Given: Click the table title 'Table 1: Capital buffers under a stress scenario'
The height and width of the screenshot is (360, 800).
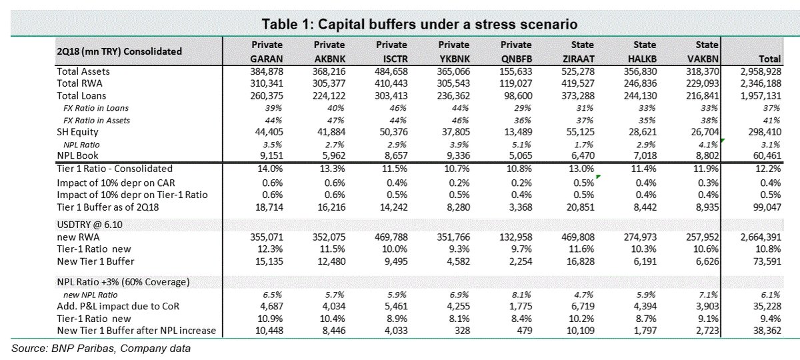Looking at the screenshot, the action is point(419,24).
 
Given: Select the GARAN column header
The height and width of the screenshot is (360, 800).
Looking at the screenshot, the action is point(267,59).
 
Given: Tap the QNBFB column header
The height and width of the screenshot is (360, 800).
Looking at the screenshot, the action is point(517,59).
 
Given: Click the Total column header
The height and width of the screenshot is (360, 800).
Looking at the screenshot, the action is point(769,59).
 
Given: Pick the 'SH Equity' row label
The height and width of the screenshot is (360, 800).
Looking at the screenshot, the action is point(77,132).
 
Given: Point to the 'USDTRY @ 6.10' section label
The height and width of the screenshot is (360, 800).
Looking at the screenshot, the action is point(89,225).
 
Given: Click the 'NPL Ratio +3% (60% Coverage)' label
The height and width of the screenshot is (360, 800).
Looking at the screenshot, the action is point(123,282).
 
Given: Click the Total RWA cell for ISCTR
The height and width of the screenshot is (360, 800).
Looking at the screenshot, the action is point(391,83).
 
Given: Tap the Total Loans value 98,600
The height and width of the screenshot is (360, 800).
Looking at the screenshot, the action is point(517,96).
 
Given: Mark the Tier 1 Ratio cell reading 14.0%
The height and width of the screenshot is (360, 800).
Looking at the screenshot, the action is point(271,169).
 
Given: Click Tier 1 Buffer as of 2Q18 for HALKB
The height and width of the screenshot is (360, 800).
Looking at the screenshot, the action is point(645,207).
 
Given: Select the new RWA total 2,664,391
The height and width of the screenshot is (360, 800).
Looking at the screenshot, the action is point(761,237).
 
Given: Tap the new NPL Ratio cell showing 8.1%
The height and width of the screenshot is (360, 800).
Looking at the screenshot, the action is point(521,295).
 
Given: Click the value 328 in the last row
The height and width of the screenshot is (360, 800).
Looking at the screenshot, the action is point(463,331).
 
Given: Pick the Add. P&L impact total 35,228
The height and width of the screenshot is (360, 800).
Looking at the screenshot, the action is point(767,307).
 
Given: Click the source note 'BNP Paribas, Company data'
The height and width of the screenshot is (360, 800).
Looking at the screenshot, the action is point(121,349).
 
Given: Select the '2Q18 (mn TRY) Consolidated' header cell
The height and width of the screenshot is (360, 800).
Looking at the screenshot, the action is point(119,51).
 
